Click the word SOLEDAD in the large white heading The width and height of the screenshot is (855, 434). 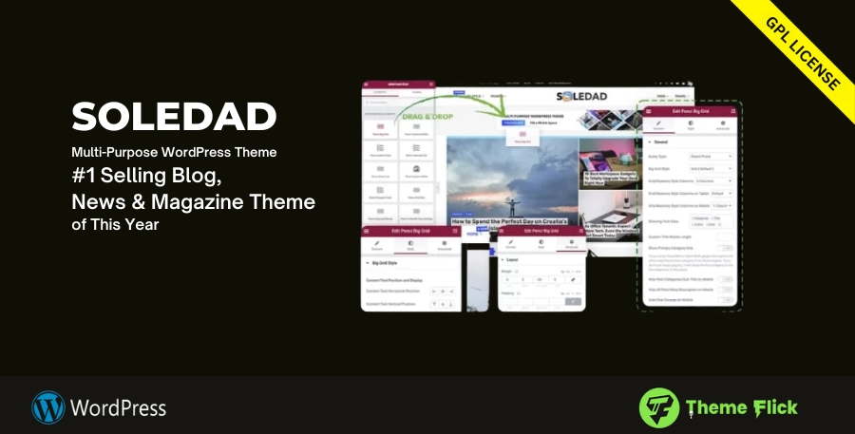(174, 118)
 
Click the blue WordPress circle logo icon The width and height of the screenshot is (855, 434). (48, 407)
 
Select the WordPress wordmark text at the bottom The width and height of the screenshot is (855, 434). (119, 408)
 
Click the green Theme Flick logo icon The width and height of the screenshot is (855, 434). (658, 406)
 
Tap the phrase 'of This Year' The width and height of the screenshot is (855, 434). (115, 225)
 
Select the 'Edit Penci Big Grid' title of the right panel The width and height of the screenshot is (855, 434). (691, 112)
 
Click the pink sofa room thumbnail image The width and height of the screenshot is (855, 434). (605, 213)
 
